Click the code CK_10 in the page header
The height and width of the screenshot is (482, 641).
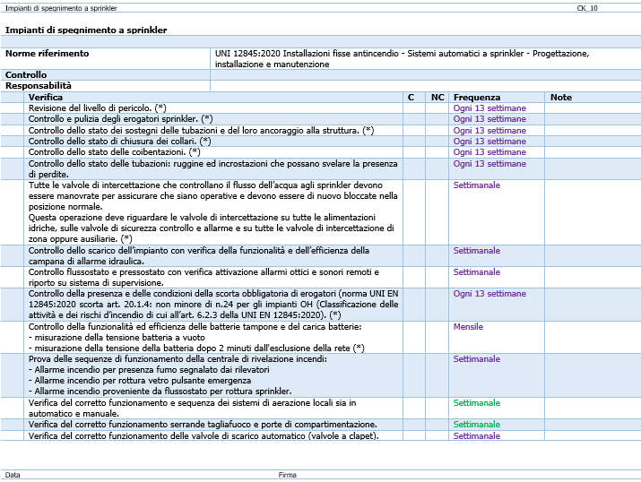[587, 8]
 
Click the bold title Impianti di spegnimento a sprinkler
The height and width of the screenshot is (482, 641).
[86, 30]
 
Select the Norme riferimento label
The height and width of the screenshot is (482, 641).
[47, 54]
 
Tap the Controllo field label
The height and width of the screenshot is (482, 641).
[26, 75]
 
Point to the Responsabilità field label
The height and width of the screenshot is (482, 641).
[38, 86]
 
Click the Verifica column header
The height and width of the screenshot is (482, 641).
[46, 97]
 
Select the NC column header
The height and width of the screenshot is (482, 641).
[437, 97]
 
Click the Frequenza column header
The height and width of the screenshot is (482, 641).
[477, 97]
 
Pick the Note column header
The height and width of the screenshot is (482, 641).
[561, 97]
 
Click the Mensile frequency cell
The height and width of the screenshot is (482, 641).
[468, 327]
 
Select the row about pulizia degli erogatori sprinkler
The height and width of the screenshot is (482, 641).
[120, 119]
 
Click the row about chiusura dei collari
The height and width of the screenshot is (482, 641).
[119, 142]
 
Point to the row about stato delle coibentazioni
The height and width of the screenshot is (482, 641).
[114, 152]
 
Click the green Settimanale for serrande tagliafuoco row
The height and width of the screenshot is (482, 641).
[477, 425]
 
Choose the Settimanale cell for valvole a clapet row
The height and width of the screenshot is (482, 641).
[477, 436]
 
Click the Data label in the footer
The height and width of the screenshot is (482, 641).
[13, 475]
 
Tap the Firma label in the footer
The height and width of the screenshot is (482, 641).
[287, 475]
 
